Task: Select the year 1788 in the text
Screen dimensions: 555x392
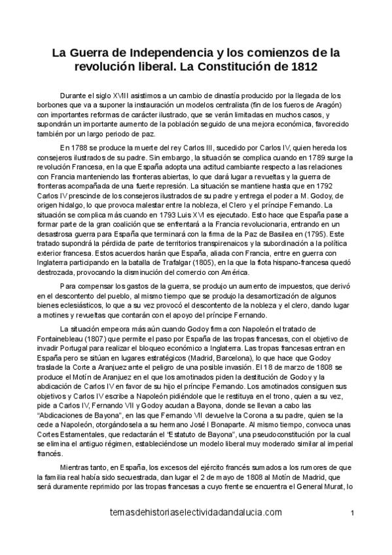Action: tap(84, 148)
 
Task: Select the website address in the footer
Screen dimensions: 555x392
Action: tap(187, 512)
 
